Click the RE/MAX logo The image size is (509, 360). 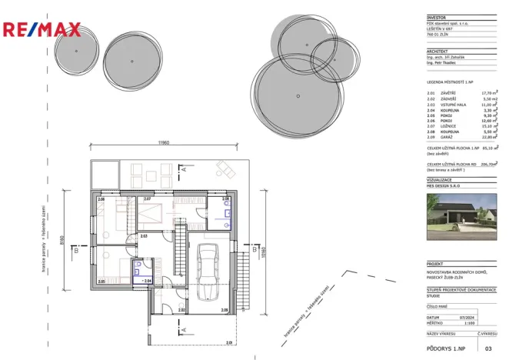(42, 30)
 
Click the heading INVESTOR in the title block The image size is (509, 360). (437, 17)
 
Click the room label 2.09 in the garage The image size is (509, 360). (225, 310)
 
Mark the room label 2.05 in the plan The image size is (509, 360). (101, 282)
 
